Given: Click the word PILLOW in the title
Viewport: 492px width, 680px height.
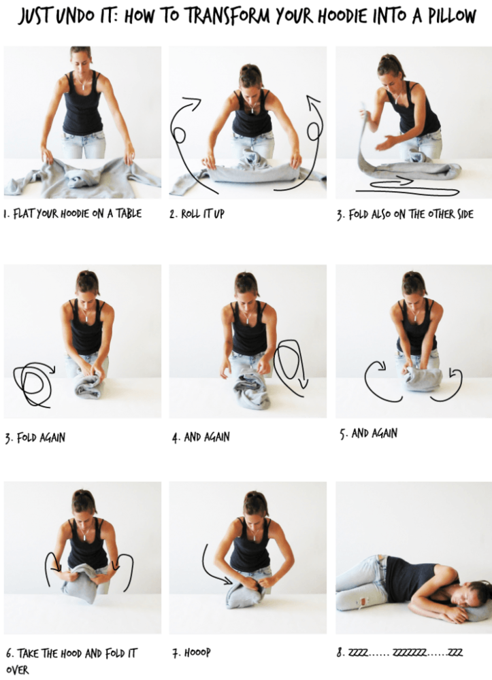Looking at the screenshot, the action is pos(452,16).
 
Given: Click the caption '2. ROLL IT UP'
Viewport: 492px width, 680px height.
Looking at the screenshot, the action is pos(197,214).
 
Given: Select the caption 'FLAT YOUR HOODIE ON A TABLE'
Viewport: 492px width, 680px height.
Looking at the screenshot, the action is pos(77,214).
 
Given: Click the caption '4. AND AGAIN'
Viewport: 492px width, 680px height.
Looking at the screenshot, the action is pos(201,437).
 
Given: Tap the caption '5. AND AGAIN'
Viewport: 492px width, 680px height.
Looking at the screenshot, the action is pos(368,433).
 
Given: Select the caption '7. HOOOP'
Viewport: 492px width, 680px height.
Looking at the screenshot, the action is pos(191,653).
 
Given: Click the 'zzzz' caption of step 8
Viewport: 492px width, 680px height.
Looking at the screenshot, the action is pos(399,652).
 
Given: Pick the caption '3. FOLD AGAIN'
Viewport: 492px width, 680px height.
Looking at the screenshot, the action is pos(35,437).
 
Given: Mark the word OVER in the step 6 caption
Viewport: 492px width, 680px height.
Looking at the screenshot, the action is pos(18,670).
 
